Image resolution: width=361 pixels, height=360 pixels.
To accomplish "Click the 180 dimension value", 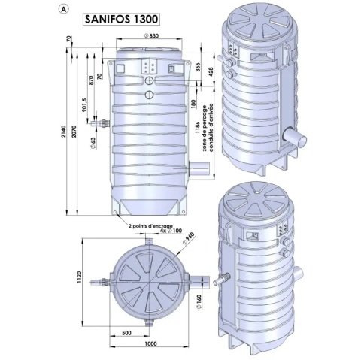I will coord(194,102).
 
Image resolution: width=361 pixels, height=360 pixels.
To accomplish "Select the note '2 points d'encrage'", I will coord(150,225).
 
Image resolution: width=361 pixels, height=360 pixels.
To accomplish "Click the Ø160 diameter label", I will coord(196,306).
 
